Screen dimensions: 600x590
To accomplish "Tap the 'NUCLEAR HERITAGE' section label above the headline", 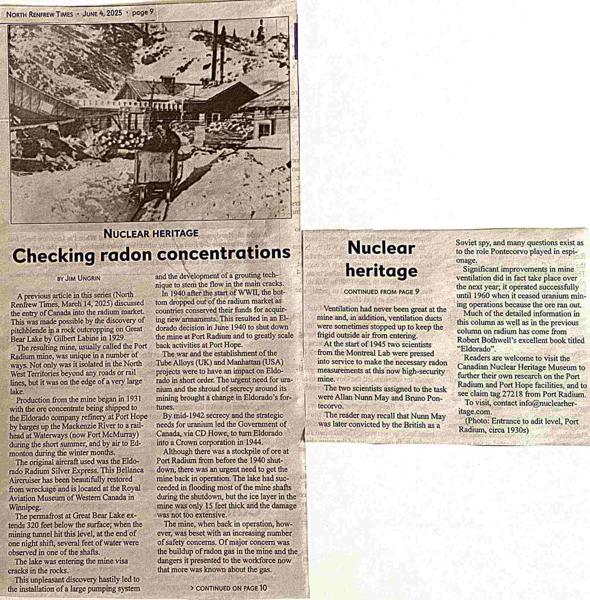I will pos(150,233).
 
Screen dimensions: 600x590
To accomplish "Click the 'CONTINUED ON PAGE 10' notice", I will pos(229,588).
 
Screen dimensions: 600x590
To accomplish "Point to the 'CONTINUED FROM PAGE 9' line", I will pos(381,292).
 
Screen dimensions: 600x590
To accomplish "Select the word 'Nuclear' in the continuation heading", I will pos(381,248).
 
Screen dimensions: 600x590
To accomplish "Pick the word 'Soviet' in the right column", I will pos(470,243).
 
